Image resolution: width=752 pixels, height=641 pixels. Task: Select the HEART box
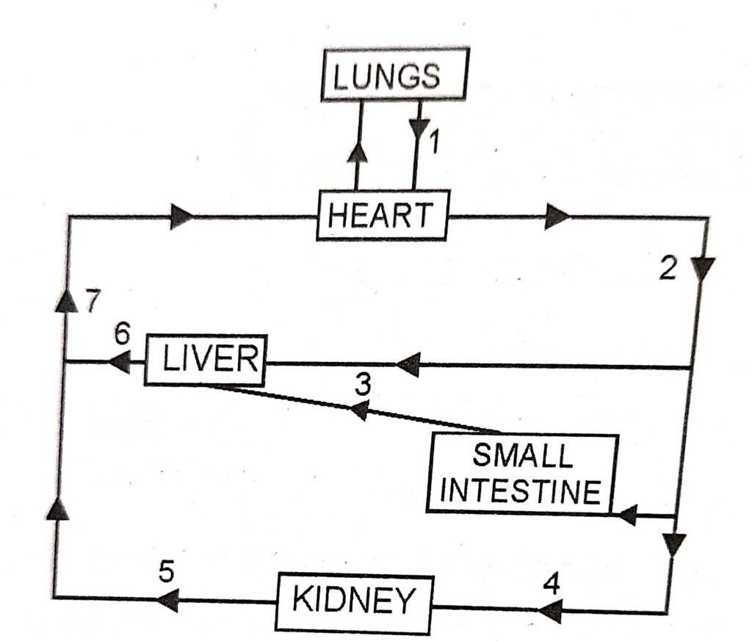point(382,216)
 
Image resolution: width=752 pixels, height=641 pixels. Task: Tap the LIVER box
point(206,359)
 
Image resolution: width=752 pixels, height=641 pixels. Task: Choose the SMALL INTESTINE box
point(522,474)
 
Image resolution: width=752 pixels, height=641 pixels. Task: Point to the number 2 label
point(667,269)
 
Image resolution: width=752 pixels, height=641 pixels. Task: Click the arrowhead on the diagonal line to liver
point(358,412)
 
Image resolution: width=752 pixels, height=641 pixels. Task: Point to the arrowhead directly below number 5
point(167,601)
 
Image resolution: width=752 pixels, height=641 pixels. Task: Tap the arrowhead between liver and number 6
point(119,361)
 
